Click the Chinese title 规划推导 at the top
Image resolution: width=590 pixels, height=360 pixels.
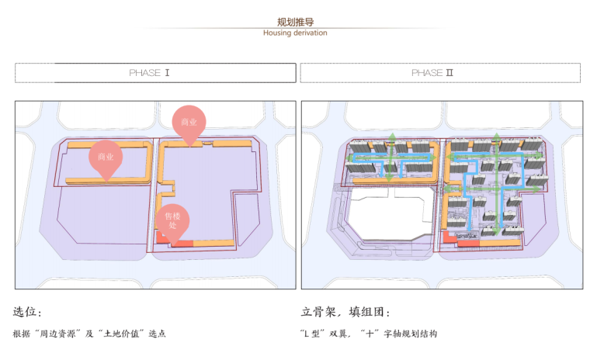tap(295, 22)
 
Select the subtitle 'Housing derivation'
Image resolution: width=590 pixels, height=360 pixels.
tap(295, 33)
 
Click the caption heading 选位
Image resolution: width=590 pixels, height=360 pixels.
tap(27, 312)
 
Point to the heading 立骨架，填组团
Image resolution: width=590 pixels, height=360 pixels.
tap(345, 312)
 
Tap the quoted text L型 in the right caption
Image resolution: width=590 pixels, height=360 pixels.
tap(316, 334)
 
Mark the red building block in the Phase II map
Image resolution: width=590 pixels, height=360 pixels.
tap(467, 244)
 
